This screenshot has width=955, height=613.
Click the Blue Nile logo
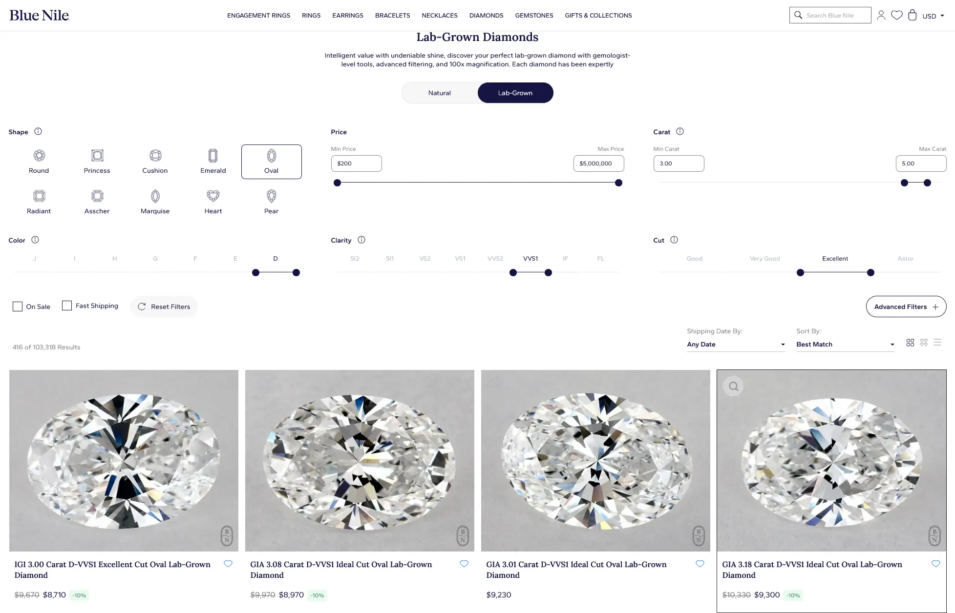[x=39, y=15]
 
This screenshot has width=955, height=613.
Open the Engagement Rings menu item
[x=258, y=16]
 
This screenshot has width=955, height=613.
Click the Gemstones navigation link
[x=534, y=16]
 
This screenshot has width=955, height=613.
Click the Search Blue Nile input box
[x=830, y=15]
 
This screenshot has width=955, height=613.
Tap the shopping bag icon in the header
[x=912, y=15]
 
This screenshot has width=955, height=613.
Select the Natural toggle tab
[x=439, y=93]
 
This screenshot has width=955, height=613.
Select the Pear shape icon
[x=271, y=196]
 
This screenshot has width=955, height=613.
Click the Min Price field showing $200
[x=356, y=163]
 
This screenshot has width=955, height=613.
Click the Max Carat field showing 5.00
[x=921, y=163]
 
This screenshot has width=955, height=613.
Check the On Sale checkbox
[x=18, y=306]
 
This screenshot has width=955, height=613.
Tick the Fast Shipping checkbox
[x=67, y=306]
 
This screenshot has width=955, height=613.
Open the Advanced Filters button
[x=906, y=306]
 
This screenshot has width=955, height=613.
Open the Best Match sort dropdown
[x=845, y=344]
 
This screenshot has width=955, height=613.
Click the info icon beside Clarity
[x=361, y=240]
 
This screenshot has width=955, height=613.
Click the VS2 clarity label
[x=425, y=259]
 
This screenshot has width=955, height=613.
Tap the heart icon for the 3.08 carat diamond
[x=464, y=564]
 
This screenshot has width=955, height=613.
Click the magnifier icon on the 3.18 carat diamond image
[x=733, y=387]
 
